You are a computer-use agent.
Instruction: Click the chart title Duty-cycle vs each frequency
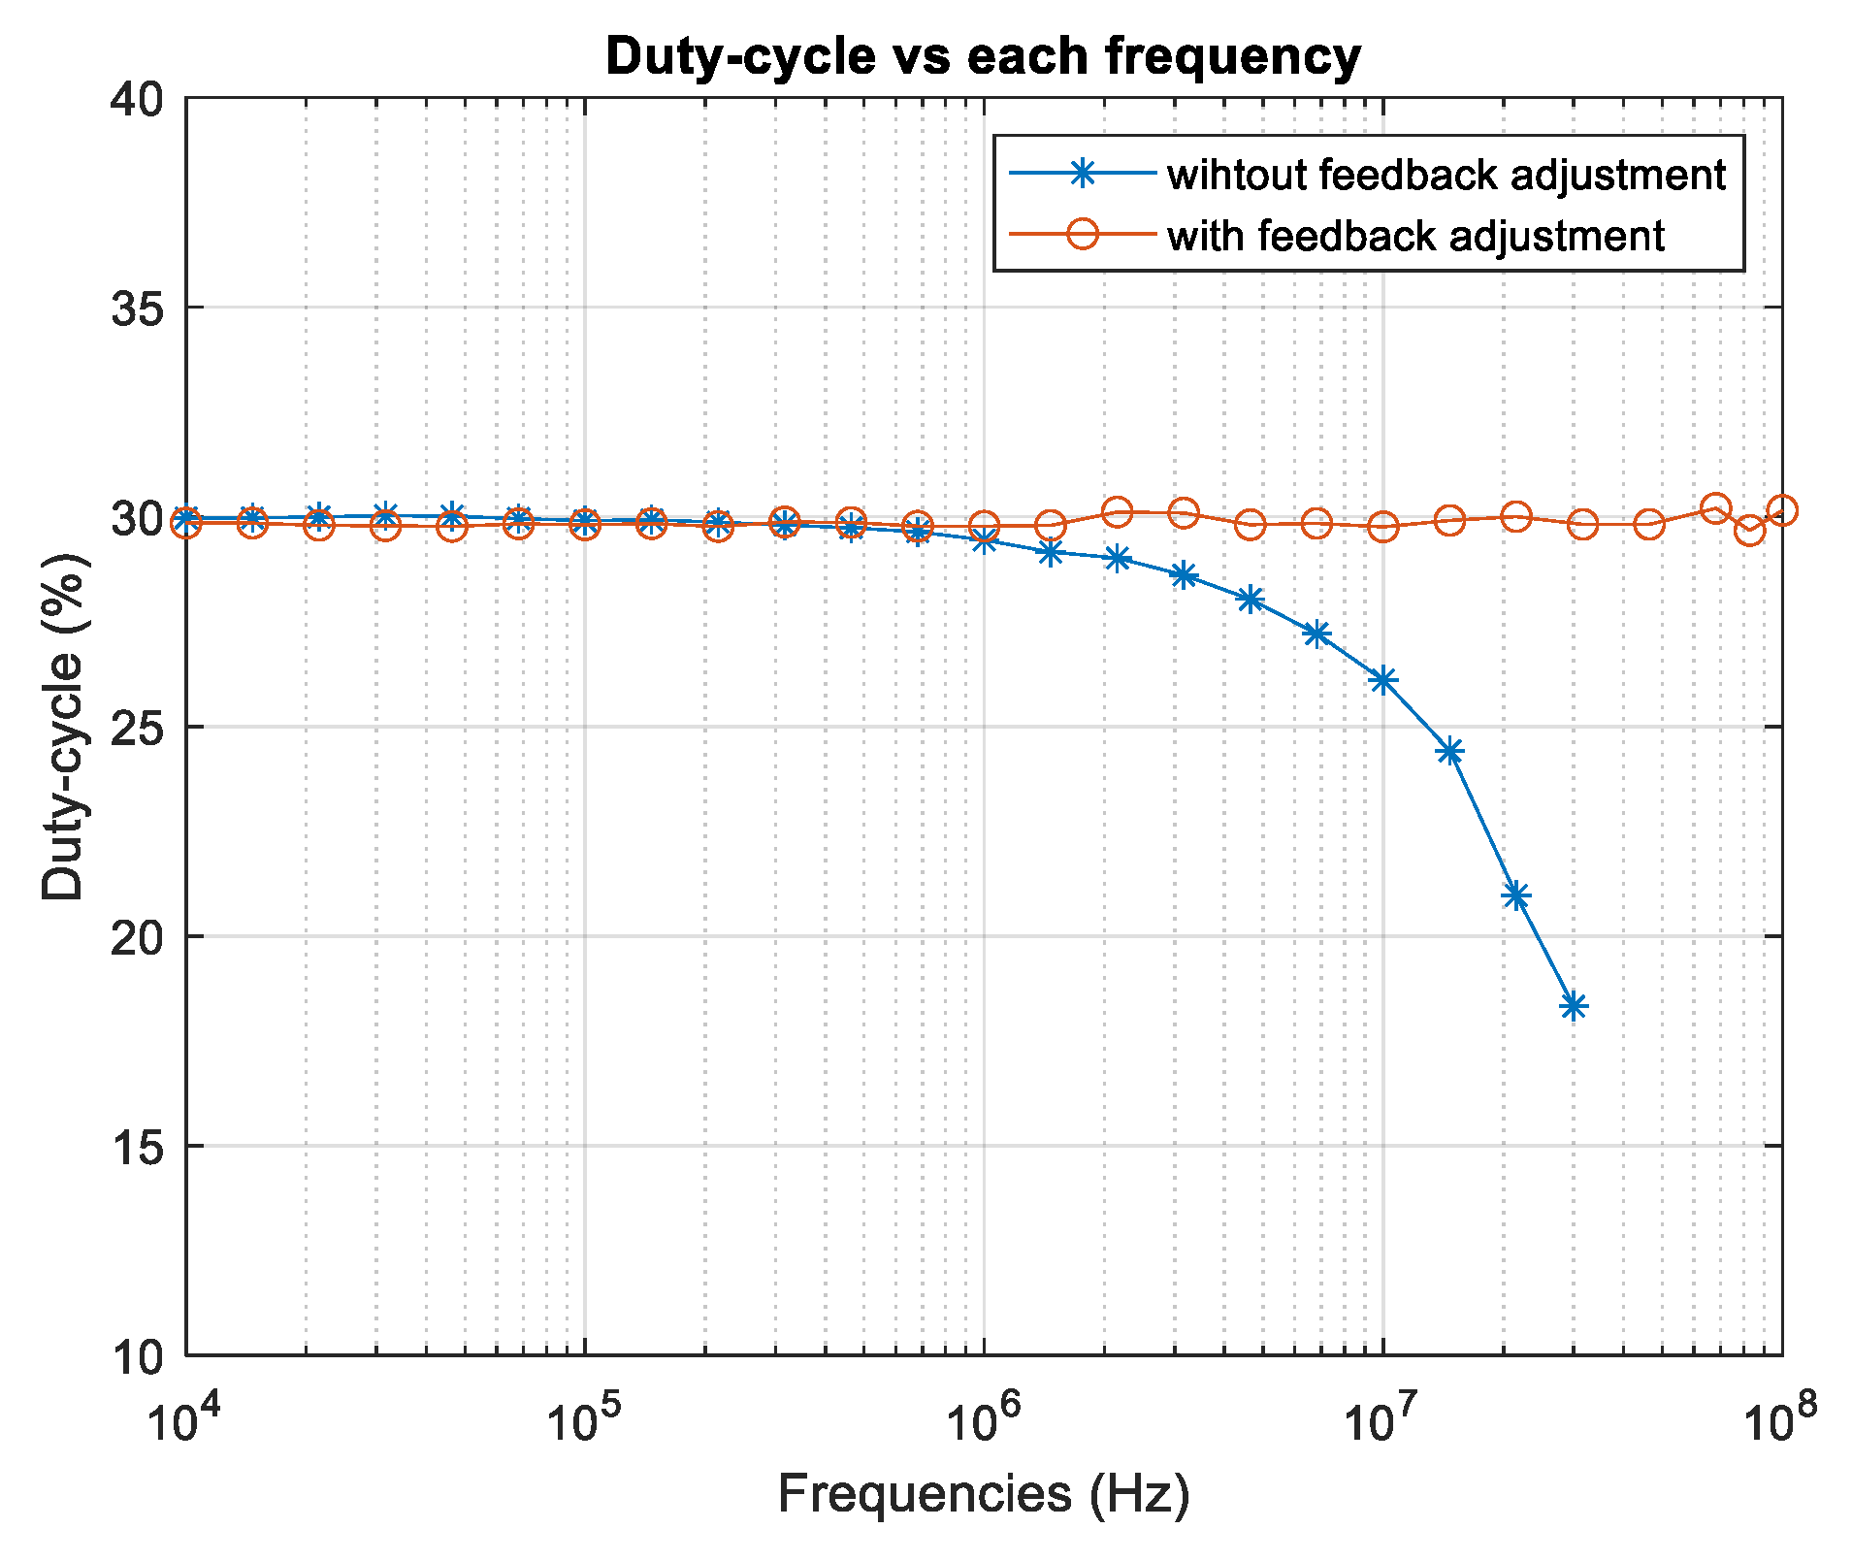[983, 56]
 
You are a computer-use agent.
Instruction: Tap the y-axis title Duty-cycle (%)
[63, 728]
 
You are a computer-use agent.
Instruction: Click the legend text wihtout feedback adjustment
[1446, 175]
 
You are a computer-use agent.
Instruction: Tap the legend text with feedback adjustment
[1415, 236]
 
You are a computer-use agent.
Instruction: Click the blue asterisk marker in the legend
[1083, 174]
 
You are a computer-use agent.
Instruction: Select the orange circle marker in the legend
[1083, 234]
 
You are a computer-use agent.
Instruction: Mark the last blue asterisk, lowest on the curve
[1574, 1006]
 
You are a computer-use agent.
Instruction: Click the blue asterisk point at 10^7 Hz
[1382, 680]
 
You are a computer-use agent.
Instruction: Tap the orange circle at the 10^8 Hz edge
[1781, 509]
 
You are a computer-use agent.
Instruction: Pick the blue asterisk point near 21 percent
[1515, 895]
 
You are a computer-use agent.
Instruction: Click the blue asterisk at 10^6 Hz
[984, 540]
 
